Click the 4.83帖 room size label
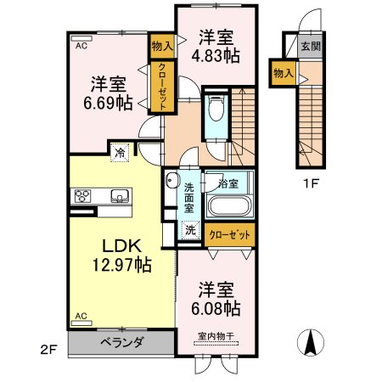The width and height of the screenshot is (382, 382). click(x=216, y=56)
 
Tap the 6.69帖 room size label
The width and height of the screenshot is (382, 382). click(x=108, y=103)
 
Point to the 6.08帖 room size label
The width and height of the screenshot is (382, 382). click(x=216, y=308)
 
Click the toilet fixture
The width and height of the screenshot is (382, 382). click(x=216, y=109)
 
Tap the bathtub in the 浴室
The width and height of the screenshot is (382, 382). click(x=229, y=205)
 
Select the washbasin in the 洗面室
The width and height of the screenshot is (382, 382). click(x=172, y=180)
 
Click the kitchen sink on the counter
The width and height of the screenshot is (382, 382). click(x=120, y=196)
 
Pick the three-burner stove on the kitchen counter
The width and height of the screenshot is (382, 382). click(x=82, y=196)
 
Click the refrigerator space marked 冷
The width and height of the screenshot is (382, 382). click(x=120, y=153)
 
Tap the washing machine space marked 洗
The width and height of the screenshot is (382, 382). click(x=190, y=230)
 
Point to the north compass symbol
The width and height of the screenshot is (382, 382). click(x=311, y=343)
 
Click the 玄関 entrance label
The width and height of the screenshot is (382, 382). click(x=311, y=46)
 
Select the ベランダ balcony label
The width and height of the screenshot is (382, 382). click(x=121, y=342)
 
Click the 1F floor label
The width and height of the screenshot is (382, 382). click(x=312, y=184)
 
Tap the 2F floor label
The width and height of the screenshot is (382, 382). click(x=48, y=350)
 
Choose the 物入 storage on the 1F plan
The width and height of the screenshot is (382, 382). click(x=284, y=73)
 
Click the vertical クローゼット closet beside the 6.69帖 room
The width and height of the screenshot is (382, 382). click(x=162, y=87)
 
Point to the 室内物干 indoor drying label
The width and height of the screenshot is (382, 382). click(x=216, y=336)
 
